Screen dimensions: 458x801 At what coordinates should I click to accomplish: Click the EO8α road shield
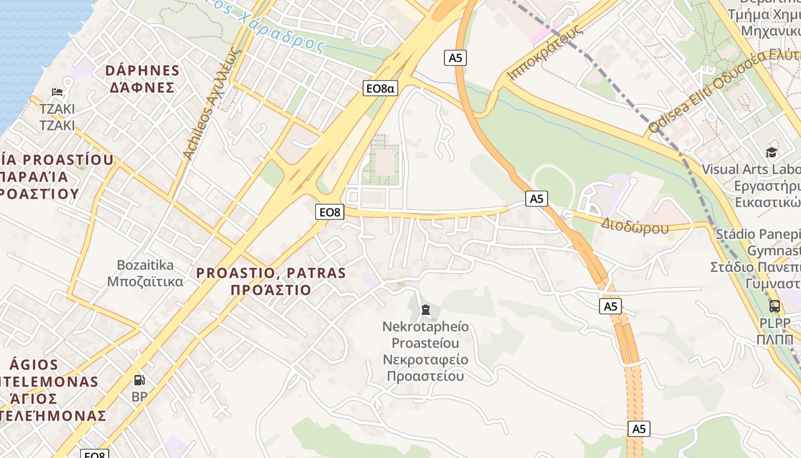click(x=380, y=88)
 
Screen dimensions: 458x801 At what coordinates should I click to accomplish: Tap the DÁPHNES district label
click(x=142, y=70)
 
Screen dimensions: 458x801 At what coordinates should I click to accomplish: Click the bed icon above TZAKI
click(x=57, y=92)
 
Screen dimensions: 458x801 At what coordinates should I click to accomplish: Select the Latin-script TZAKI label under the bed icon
click(x=57, y=109)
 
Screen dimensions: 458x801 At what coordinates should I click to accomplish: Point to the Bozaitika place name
click(x=145, y=265)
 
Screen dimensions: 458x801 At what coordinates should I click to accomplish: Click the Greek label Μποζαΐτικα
click(x=145, y=282)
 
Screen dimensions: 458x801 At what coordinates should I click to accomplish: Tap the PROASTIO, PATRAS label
click(x=271, y=273)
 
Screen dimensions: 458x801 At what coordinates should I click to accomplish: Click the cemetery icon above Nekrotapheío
click(x=425, y=310)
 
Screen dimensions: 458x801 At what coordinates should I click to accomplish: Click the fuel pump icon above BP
click(x=139, y=380)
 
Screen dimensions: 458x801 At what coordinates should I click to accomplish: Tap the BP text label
click(x=139, y=397)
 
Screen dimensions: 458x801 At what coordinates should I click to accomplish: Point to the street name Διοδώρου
click(x=635, y=227)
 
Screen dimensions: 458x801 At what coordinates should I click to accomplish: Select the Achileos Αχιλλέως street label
click(x=209, y=103)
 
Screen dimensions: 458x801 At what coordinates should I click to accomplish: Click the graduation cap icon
click(x=772, y=152)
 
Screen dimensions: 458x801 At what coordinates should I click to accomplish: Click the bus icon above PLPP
click(x=775, y=306)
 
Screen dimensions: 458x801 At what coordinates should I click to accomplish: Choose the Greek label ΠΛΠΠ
click(x=775, y=339)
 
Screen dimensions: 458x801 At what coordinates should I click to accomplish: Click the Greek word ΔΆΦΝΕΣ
click(x=142, y=88)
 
